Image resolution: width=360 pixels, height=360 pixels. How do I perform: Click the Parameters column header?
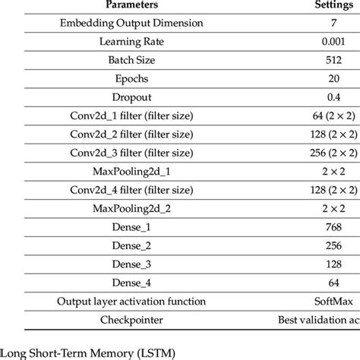[125, 5]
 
